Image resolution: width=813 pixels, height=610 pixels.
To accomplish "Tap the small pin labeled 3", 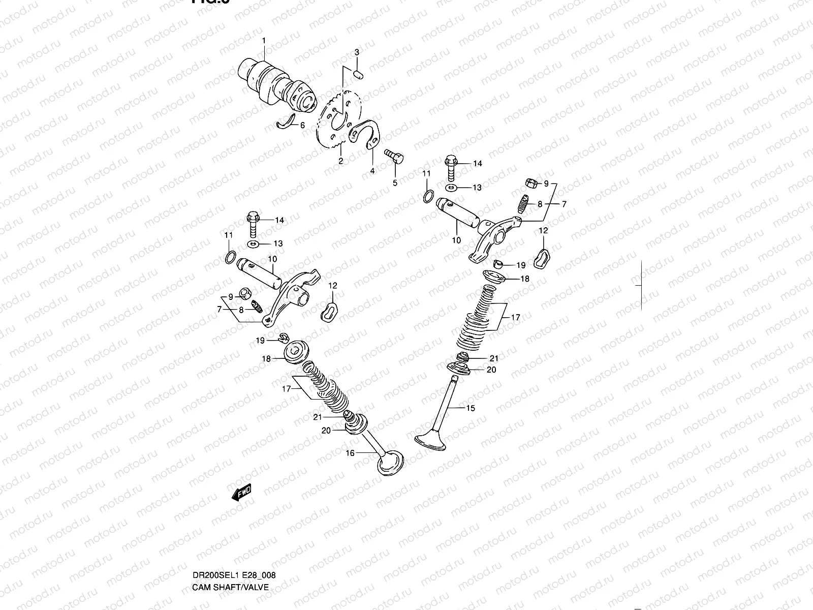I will click(x=358, y=75).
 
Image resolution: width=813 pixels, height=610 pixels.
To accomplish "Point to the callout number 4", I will click(x=372, y=171).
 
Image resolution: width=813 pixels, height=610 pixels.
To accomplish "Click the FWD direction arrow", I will click(x=241, y=492).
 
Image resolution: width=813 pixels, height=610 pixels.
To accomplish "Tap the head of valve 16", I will click(x=390, y=462).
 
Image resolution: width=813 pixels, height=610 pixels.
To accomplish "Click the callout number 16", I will click(x=350, y=453).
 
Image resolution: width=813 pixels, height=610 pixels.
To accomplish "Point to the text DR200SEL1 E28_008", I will click(x=234, y=533).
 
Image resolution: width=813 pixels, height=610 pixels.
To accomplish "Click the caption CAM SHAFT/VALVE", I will click(x=230, y=544).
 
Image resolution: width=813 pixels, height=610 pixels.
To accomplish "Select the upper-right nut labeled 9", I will click(x=528, y=182).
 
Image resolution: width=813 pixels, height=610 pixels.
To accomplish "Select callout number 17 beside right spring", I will click(x=516, y=317).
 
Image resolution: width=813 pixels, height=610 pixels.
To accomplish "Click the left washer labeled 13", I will click(x=254, y=245).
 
